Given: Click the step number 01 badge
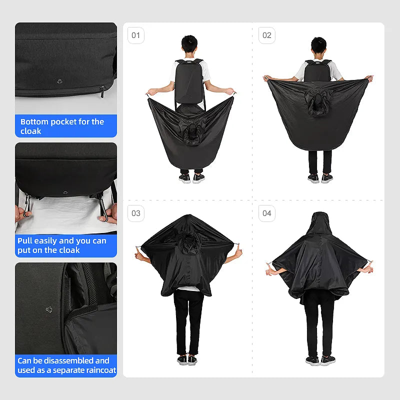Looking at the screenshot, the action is click(x=135, y=35).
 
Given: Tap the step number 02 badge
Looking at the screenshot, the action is click(x=267, y=35).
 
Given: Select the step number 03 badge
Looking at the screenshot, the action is click(x=135, y=213).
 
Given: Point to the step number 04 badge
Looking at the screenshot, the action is click(x=267, y=213).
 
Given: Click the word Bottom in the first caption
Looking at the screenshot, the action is click(x=34, y=121).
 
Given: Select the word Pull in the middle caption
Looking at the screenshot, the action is click(x=24, y=241).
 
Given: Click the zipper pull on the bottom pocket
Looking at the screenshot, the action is click(x=102, y=92).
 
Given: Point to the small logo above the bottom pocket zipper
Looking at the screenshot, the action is click(x=59, y=81).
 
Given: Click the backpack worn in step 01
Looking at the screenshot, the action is click(x=189, y=81).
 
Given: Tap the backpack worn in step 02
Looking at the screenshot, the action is click(x=317, y=70).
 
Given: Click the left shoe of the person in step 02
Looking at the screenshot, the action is click(x=313, y=178).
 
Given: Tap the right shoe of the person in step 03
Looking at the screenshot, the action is click(x=192, y=359).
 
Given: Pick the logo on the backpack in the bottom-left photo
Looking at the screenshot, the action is click(x=49, y=309).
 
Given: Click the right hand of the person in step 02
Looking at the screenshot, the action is click(x=369, y=78).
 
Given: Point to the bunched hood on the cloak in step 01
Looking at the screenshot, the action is click(x=191, y=132).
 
